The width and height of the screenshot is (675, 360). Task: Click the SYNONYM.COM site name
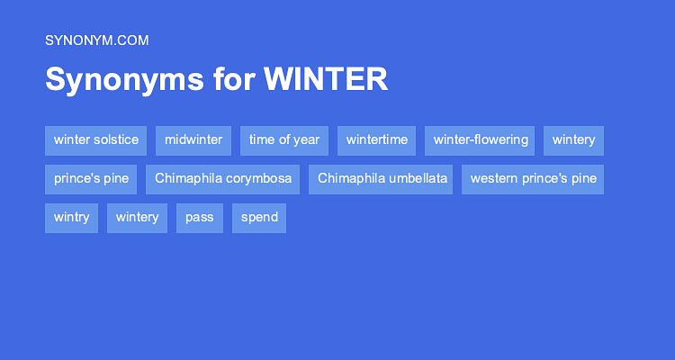coord(96,40)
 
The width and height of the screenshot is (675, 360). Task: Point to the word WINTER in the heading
coord(326,80)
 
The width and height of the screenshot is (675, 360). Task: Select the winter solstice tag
coord(95,140)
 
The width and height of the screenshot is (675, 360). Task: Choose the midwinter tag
coord(193,140)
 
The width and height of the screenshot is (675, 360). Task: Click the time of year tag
coord(284,140)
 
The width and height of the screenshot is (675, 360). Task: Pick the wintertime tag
coord(376,140)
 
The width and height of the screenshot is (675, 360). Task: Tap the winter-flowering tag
coord(480,140)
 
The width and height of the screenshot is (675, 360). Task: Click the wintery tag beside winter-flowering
coord(573,140)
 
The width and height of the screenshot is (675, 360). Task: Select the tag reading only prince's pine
coord(91,179)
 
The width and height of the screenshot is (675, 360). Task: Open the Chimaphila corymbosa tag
coord(222,179)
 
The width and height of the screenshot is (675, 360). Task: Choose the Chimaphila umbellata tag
coord(382,179)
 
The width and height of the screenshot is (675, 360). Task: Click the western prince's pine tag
coord(533,179)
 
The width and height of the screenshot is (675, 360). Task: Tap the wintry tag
coord(71,218)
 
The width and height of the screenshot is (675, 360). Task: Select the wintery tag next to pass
coord(137,218)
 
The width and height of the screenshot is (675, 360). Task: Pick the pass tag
coord(199,218)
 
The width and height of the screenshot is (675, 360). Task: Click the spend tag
coord(259,218)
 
